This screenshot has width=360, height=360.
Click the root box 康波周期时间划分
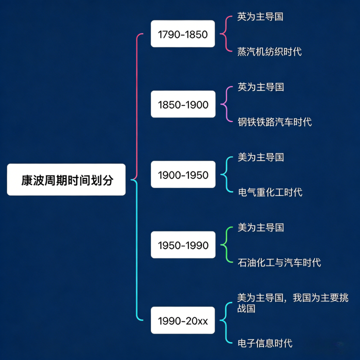point(66,179)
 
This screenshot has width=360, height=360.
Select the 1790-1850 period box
point(182,34)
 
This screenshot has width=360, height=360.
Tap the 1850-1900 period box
point(182,104)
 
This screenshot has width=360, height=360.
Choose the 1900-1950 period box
point(182,175)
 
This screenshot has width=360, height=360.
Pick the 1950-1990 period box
point(182,245)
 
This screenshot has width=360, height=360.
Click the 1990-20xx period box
point(182,320)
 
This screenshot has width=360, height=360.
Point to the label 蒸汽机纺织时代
point(269,51)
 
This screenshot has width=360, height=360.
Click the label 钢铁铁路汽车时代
point(274,122)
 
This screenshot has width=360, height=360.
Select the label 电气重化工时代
point(270,192)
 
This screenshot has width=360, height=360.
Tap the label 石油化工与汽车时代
point(279,262)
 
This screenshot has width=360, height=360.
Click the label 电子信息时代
point(265,343)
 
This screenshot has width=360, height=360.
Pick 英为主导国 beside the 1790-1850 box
point(260,16)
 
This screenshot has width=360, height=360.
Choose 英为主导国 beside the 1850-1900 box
point(260,87)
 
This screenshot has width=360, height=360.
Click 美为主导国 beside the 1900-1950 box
point(260,157)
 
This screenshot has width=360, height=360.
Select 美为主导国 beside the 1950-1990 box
point(260,227)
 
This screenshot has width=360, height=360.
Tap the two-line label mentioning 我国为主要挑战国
point(292,303)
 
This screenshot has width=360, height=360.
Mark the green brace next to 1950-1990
point(226,245)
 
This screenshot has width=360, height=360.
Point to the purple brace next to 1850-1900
point(226,104)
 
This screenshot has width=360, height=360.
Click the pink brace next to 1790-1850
point(226,34)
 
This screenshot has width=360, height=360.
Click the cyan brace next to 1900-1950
point(226,175)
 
